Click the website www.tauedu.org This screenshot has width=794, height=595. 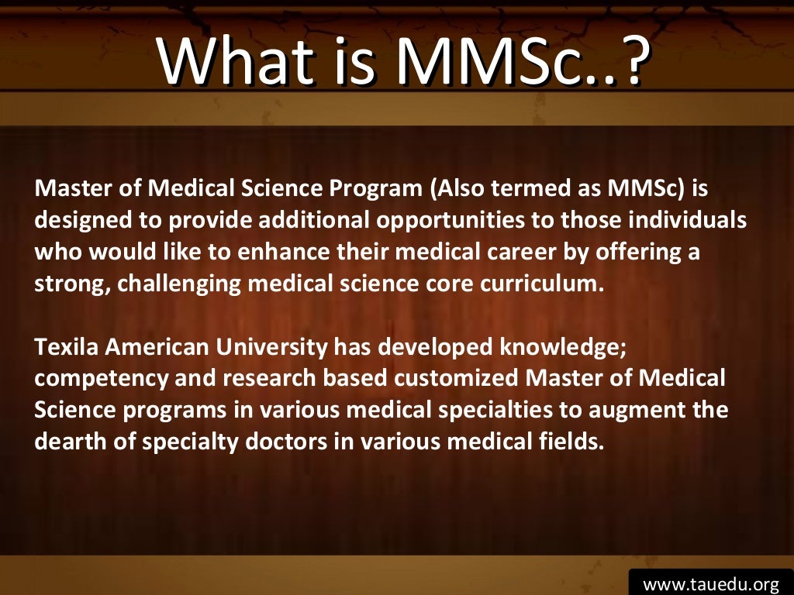(710, 582)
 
